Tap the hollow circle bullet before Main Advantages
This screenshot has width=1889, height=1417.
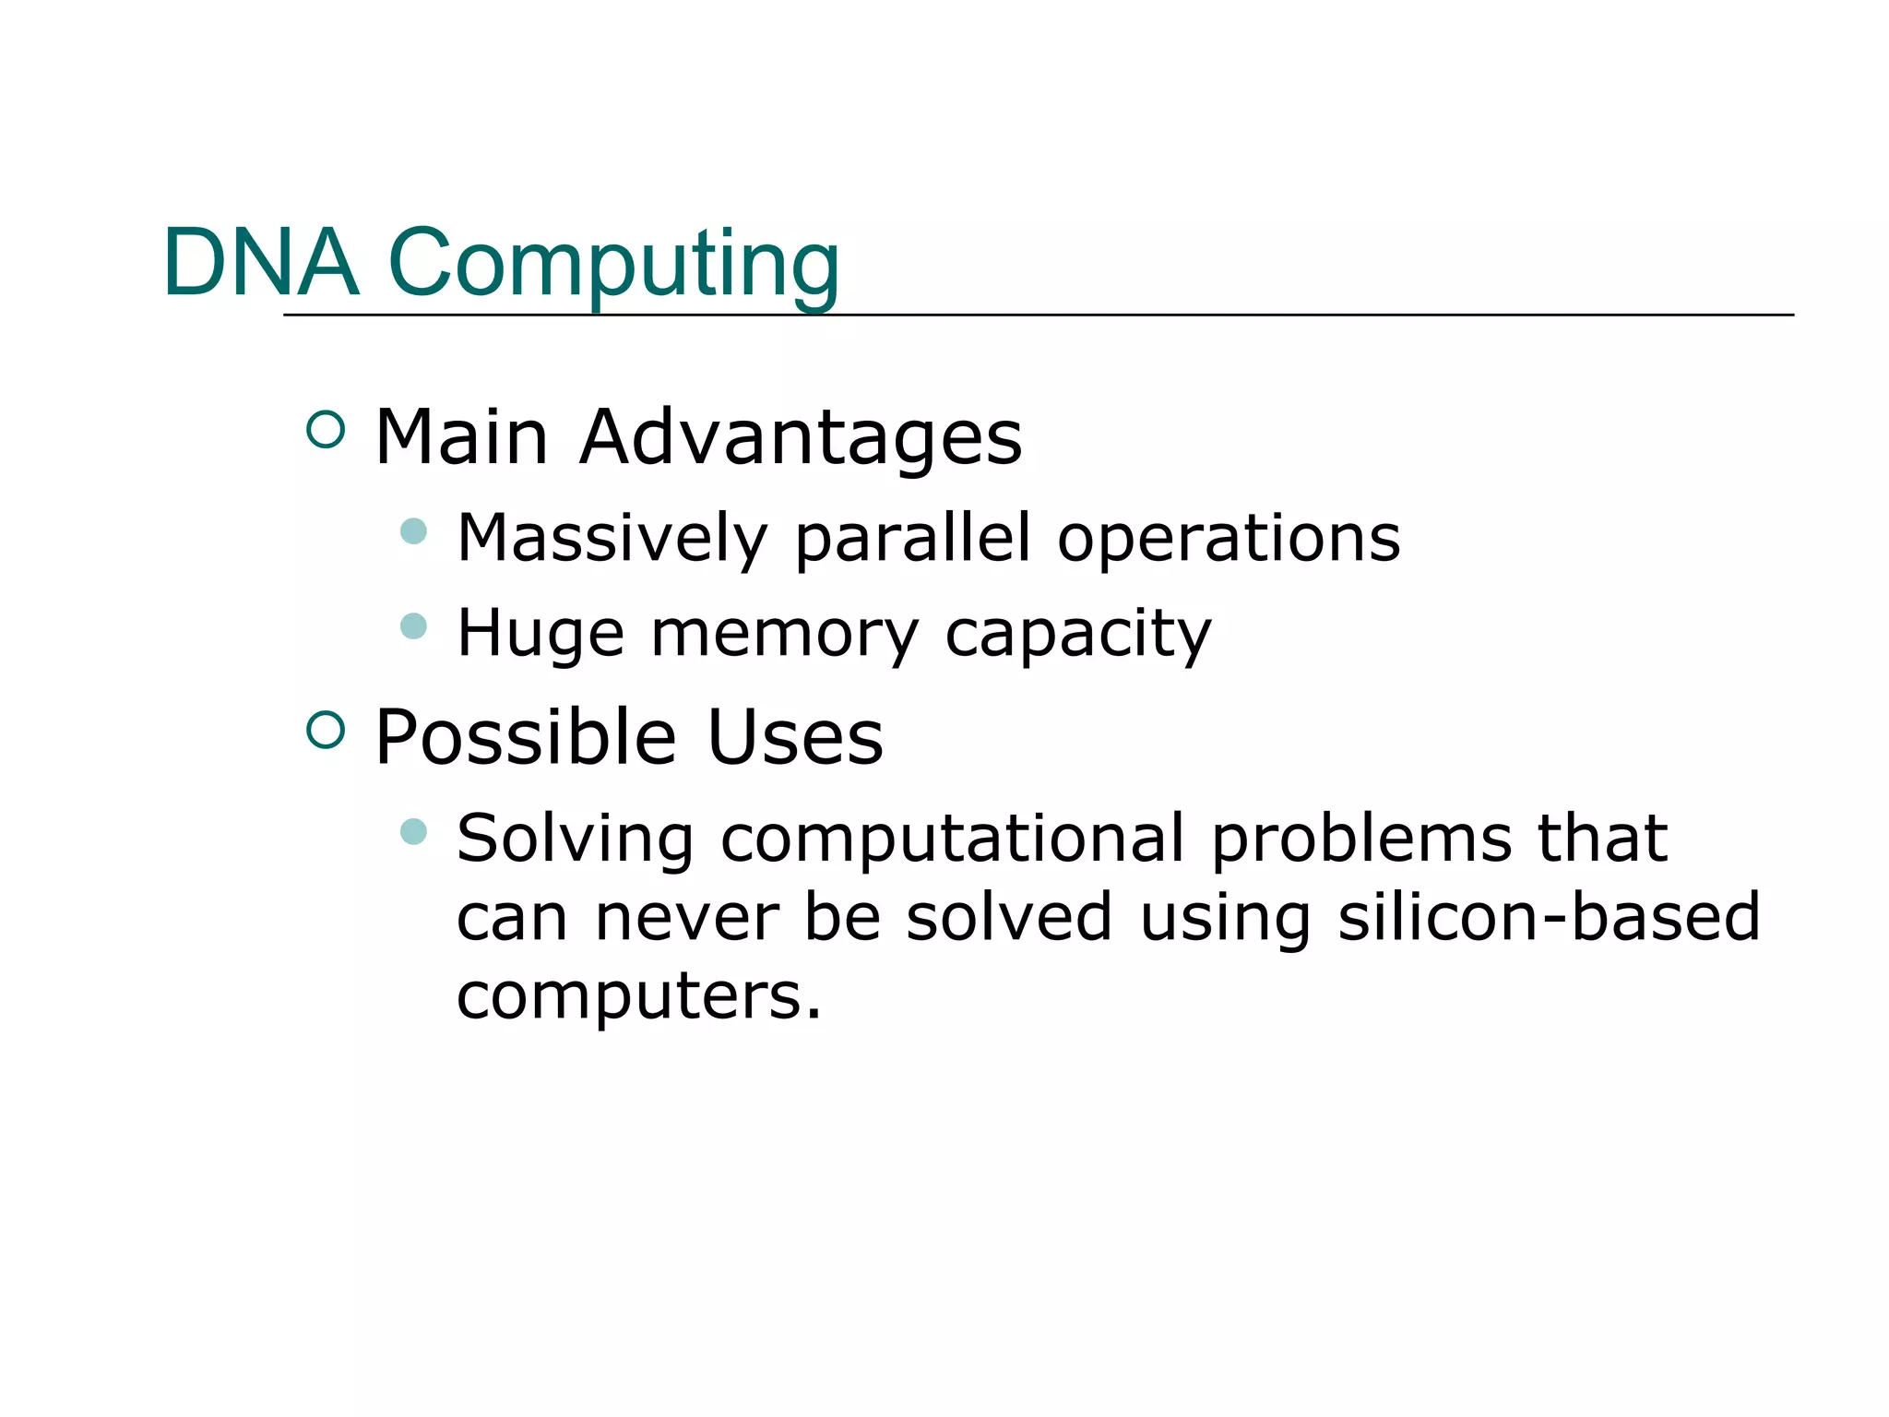coord(325,430)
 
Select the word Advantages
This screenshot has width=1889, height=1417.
coord(801,438)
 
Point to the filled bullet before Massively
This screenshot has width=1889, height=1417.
coord(414,531)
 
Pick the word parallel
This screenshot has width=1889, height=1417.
coord(912,539)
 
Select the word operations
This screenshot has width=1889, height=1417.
coord(1229,541)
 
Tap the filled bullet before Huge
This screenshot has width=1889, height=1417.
coord(414,626)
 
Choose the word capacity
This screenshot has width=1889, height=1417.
coord(1078,636)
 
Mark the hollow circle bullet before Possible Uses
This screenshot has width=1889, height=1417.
coord(325,730)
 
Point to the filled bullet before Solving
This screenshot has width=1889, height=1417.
coord(414,832)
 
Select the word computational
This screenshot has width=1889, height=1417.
coord(952,839)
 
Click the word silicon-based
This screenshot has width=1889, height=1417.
coord(1549,917)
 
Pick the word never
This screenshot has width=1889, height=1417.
coord(687,919)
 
